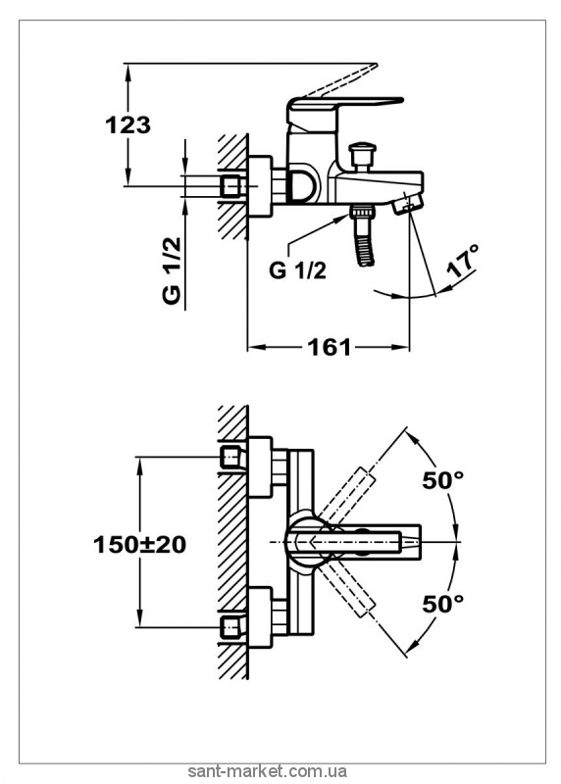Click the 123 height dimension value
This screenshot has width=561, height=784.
point(127,125)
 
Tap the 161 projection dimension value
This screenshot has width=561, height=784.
point(330,347)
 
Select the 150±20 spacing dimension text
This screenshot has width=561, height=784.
point(139,545)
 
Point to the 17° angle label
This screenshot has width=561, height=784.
point(463,262)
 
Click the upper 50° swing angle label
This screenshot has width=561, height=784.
point(443,480)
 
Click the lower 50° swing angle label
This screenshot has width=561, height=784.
point(443,604)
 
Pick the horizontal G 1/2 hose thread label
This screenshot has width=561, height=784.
point(297,270)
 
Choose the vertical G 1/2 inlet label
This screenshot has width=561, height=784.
point(172,270)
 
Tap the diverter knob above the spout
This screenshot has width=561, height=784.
point(362,156)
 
